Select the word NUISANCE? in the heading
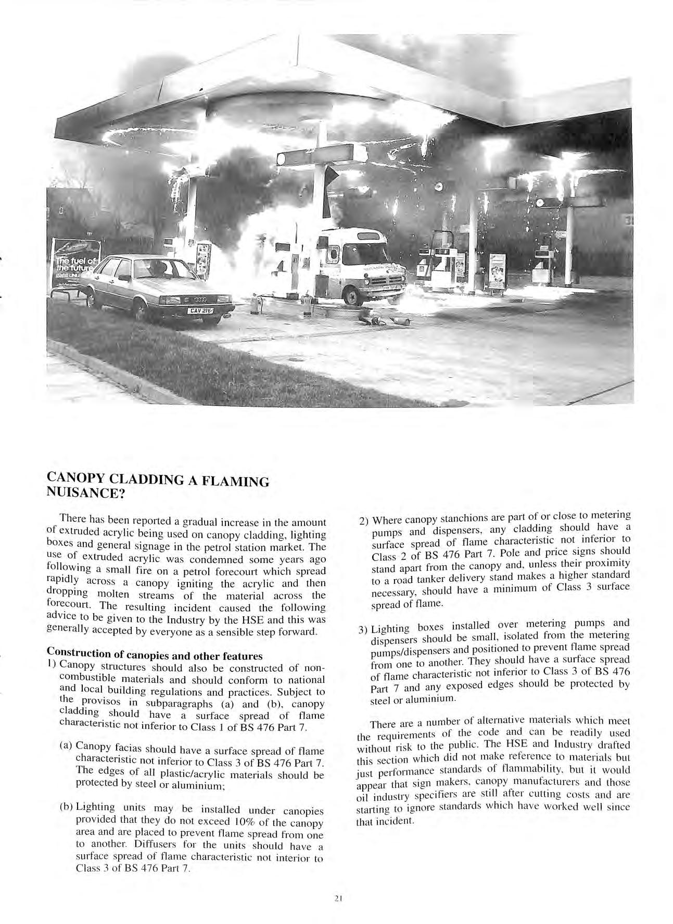(x=86, y=493)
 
